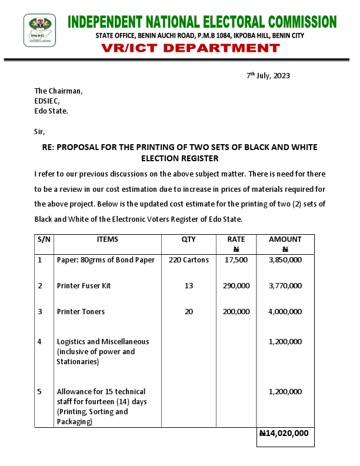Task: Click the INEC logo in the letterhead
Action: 40,29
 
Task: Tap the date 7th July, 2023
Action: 268,76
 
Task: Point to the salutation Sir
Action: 39,131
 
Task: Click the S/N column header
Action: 44,239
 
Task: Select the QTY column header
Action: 188,239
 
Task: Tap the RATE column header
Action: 236,239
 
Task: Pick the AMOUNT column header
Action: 285,239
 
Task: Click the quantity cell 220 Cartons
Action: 188,260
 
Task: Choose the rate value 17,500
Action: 236,260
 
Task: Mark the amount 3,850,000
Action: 285,260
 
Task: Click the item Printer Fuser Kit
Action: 84,286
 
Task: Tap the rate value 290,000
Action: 236,286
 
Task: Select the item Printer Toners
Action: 81,312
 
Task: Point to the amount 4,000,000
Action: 285,312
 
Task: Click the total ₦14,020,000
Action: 284,433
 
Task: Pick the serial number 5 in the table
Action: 39,391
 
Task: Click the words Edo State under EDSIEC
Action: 51,111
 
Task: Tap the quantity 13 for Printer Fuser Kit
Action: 188,286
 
